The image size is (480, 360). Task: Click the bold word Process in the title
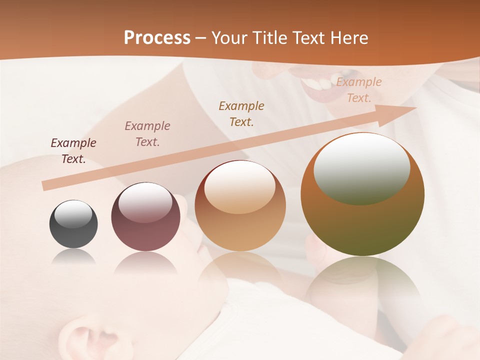pos(157,37)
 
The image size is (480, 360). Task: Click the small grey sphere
pos(73,224)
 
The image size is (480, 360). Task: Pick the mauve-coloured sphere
pos(145,217)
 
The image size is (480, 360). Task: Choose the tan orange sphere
pos(240,205)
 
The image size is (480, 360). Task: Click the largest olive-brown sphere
pos(362,194)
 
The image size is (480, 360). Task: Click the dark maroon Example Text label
pos(73,151)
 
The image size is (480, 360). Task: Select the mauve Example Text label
pos(147,134)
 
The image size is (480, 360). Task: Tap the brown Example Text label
pos(241,114)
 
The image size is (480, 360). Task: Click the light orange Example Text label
pos(359,90)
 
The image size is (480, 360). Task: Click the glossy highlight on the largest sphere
pos(361,169)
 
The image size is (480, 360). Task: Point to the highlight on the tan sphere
pos(239,186)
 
